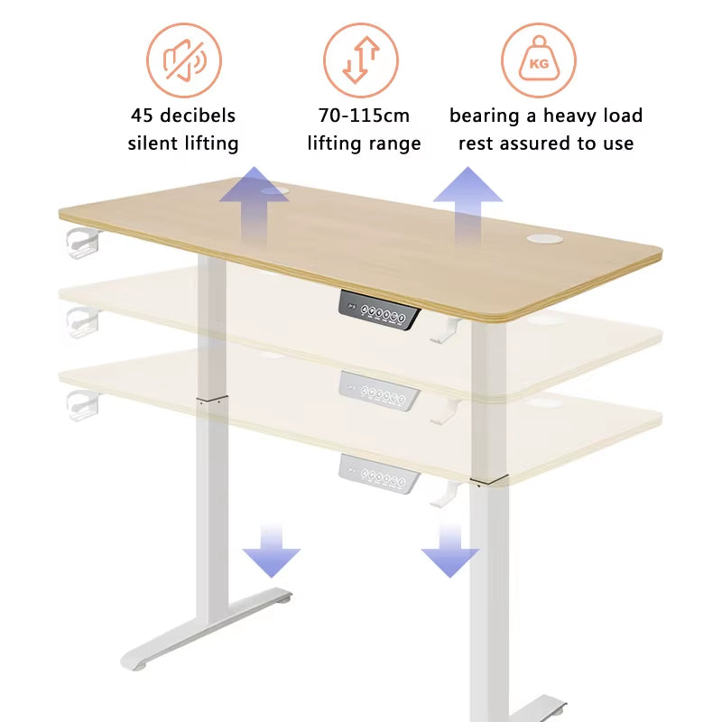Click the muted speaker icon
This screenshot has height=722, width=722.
pyautogui.click(x=184, y=60)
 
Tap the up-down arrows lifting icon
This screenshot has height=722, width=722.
pyautogui.click(x=360, y=60)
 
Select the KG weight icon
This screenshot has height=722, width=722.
pyautogui.click(x=539, y=60)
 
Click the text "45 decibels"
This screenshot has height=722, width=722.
pyautogui.click(x=183, y=116)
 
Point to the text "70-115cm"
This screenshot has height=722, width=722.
pyautogui.click(x=364, y=116)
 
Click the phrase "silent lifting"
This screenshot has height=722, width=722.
pyautogui.click(x=183, y=143)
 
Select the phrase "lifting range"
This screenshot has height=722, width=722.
pyautogui.click(x=364, y=143)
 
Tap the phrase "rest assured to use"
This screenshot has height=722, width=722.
pyautogui.click(x=546, y=143)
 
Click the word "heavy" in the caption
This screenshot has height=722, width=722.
pyautogui.click(x=568, y=116)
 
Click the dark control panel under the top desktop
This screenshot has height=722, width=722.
pyautogui.click(x=380, y=310)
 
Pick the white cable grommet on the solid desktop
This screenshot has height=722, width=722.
pyautogui.click(x=544, y=238)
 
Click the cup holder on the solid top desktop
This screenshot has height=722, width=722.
pyautogui.click(x=81, y=241)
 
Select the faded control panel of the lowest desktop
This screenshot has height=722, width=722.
pyautogui.click(x=380, y=473)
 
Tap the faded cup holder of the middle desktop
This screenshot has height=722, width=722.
pyautogui.click(x=81, y=319)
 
